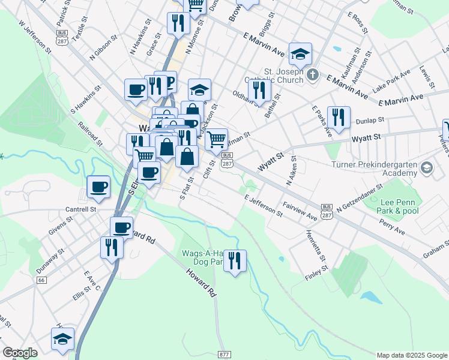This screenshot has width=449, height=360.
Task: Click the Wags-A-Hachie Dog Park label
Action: (201, 258)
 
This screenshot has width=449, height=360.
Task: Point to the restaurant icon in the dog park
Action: (235, 261)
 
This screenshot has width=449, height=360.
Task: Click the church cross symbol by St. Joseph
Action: (312, 75)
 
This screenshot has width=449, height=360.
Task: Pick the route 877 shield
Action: (224, 355)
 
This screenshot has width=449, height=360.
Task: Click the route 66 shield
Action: (41, 280)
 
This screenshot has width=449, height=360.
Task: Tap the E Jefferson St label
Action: (263, 205)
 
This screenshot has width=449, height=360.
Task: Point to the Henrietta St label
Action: (315, 247)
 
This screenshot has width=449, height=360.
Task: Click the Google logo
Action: (20, 353)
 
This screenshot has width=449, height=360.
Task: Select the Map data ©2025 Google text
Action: (412, 355)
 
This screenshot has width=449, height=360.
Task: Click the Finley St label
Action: (314, 275)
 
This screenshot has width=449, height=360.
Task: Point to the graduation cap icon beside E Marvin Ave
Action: (300, 55)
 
